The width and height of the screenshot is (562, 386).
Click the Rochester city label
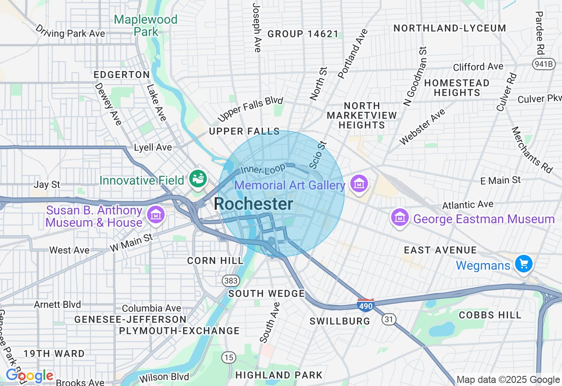click(254, 204)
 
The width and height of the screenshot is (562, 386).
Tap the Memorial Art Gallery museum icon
click(360, 184)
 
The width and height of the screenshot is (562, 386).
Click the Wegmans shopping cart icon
click(523, 264)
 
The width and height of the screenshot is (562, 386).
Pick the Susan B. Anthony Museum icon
click(155, 215)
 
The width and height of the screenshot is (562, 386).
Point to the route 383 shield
click(230, 280)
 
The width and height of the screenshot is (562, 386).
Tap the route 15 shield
click(228, 357)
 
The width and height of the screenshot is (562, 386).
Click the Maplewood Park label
click(146, 25)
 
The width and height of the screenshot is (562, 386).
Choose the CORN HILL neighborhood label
click(215, 261)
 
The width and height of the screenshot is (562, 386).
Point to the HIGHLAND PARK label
click(279, 375)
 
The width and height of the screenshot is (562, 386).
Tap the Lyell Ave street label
click(153, 147)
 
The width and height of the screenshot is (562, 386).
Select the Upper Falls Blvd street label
click(250, 109)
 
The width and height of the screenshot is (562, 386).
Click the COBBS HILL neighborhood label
click(490, 315)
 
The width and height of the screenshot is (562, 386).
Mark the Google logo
click(29, 376)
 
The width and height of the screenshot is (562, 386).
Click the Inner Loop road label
click(263, 169)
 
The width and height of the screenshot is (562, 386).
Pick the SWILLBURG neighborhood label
click(340, 321)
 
